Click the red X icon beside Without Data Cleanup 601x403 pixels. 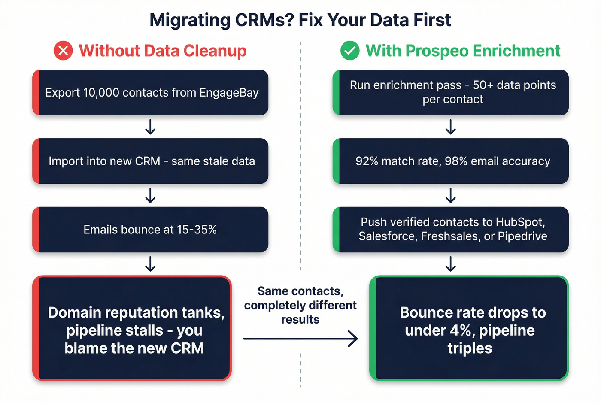click(x=63, y=51)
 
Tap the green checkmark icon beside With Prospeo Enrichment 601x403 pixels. click(x=350, y=51)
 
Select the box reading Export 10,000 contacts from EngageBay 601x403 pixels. click(x=150, y=93)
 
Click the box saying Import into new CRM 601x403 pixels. click(x=150, y=161)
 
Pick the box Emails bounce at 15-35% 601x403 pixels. click(x=150, y=230)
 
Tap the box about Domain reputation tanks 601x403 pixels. click(x=132, y=329)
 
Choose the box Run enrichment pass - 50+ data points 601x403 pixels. click(x=451, y=93)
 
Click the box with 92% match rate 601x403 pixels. click(x=451, y=161)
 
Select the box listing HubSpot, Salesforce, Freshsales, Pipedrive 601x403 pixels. click(x=451, y=230)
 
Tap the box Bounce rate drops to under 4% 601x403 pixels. click(x=469, y=329)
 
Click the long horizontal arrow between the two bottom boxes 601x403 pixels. click(x=300, y=339)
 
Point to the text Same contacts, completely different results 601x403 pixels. click(x=300, y=305)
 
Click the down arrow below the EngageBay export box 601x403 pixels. click(x=150, y=127)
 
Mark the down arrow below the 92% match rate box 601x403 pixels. click(x=451, y=196)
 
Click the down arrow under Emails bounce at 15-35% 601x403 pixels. click(x=150, y=264)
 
